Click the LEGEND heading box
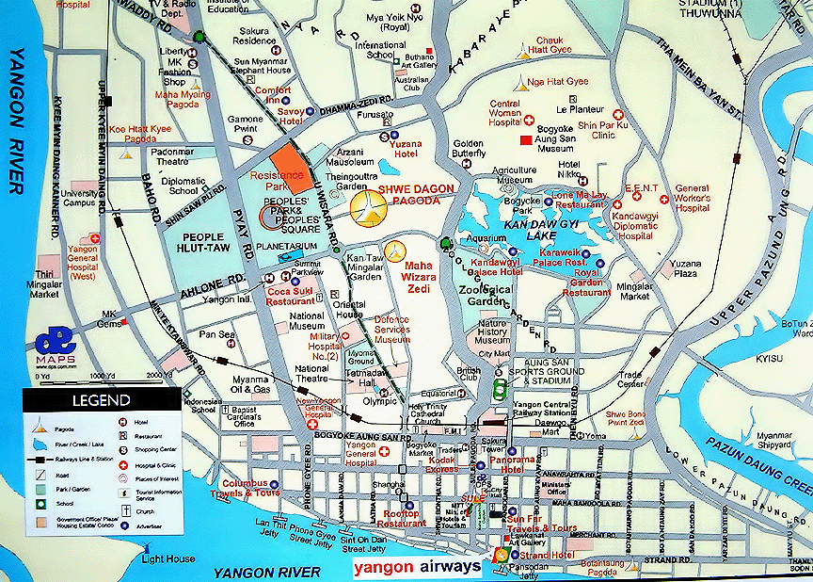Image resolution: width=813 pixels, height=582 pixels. click(98, 400)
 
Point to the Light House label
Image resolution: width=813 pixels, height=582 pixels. click(168, 558)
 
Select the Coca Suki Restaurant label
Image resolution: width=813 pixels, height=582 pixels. click(290, 296)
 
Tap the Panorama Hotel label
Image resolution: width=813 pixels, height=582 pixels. click(524, 463)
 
